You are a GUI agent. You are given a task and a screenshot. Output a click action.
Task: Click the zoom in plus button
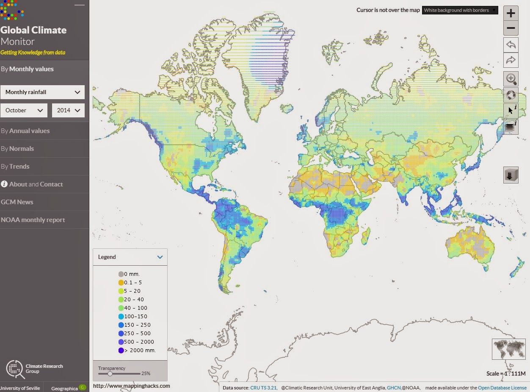point(511,13)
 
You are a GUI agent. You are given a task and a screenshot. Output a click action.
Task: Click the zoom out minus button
point(511,28)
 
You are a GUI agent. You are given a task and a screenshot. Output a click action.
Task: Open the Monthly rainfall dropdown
point(42,92)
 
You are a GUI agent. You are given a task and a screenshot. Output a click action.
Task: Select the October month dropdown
point(24,110)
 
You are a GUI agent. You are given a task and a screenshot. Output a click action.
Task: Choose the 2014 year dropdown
point(68,110)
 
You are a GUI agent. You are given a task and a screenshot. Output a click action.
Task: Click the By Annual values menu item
point(25,131)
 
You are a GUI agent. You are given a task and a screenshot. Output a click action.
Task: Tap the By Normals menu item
point(17,149)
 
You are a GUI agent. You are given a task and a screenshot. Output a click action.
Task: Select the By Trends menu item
point(15,167)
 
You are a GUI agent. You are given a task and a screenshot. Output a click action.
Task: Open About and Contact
point(32,184)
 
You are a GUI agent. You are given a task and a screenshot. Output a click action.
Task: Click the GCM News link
point(17,202)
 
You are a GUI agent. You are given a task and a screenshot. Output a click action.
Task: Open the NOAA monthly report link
point(33,220)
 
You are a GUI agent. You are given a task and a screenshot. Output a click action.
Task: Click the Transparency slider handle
point(110,374)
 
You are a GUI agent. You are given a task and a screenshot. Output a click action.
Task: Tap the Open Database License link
point(502,388)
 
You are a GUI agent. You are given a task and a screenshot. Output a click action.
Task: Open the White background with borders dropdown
point(460,10)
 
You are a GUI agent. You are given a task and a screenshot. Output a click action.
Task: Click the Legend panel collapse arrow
point(160,257)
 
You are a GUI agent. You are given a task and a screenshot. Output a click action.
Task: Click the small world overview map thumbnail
point(508,349)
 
